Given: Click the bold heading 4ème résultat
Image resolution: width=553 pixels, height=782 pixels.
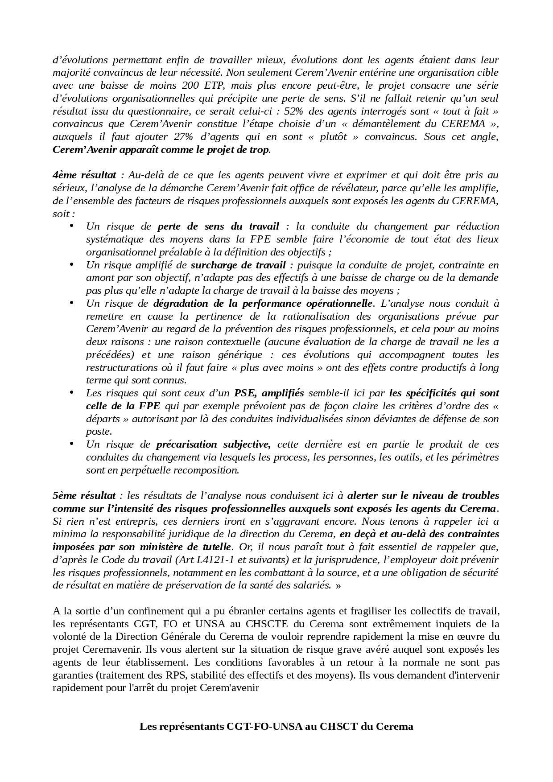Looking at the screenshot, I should tap(84, 175).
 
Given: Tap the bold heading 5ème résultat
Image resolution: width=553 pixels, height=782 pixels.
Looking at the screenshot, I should tap(84, 495).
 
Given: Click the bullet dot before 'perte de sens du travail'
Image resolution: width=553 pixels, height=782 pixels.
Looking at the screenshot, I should tap(71, 226).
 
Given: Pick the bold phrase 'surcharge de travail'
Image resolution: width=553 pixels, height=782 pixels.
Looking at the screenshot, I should tap(238, 265).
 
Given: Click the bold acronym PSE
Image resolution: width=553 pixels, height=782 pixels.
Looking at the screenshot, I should tap(244, 393).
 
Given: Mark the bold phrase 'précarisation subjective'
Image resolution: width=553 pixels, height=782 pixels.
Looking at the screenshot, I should tap(213, 444).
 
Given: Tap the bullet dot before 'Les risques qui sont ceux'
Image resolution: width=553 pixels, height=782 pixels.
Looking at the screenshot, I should tap(71, 392).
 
